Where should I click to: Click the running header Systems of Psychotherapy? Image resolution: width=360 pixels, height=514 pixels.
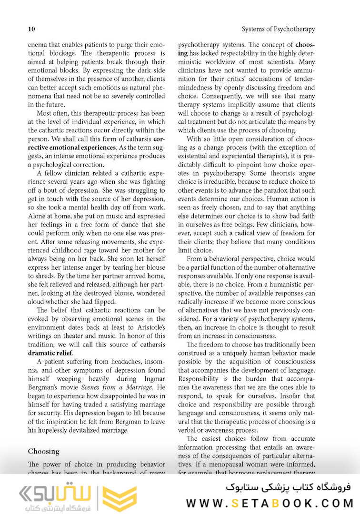(x=278, y=30)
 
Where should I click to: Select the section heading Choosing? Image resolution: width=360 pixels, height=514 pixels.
(x=44, y=451)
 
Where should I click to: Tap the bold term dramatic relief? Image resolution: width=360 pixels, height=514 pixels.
(x=50, y=353)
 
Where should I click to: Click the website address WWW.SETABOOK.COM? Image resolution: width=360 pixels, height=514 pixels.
(x=270, y=503)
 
